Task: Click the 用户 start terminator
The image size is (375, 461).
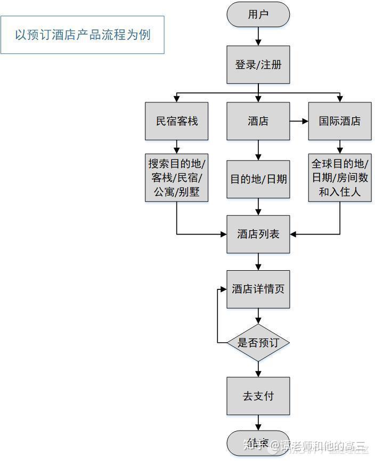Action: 258,14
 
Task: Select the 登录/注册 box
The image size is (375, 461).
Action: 258,65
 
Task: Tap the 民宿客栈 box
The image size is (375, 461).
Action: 176,121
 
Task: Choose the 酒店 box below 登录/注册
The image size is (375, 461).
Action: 258,121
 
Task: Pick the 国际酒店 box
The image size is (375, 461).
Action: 340,121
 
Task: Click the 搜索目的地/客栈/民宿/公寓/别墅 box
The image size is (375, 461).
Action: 176,177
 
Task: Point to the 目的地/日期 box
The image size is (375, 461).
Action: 258,179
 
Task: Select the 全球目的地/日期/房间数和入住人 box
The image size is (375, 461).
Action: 340,177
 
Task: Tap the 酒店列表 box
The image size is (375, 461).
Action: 258,234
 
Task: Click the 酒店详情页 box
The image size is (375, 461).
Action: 258,289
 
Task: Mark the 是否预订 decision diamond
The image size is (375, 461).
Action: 258,343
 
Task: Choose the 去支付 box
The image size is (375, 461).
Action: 258,396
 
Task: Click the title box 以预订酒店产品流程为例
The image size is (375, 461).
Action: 82,35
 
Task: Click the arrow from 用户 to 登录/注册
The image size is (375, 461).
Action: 258,36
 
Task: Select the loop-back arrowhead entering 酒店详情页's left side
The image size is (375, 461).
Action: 223,289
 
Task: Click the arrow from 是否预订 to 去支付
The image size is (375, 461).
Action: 258,369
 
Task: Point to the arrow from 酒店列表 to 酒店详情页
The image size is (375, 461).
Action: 258,262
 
